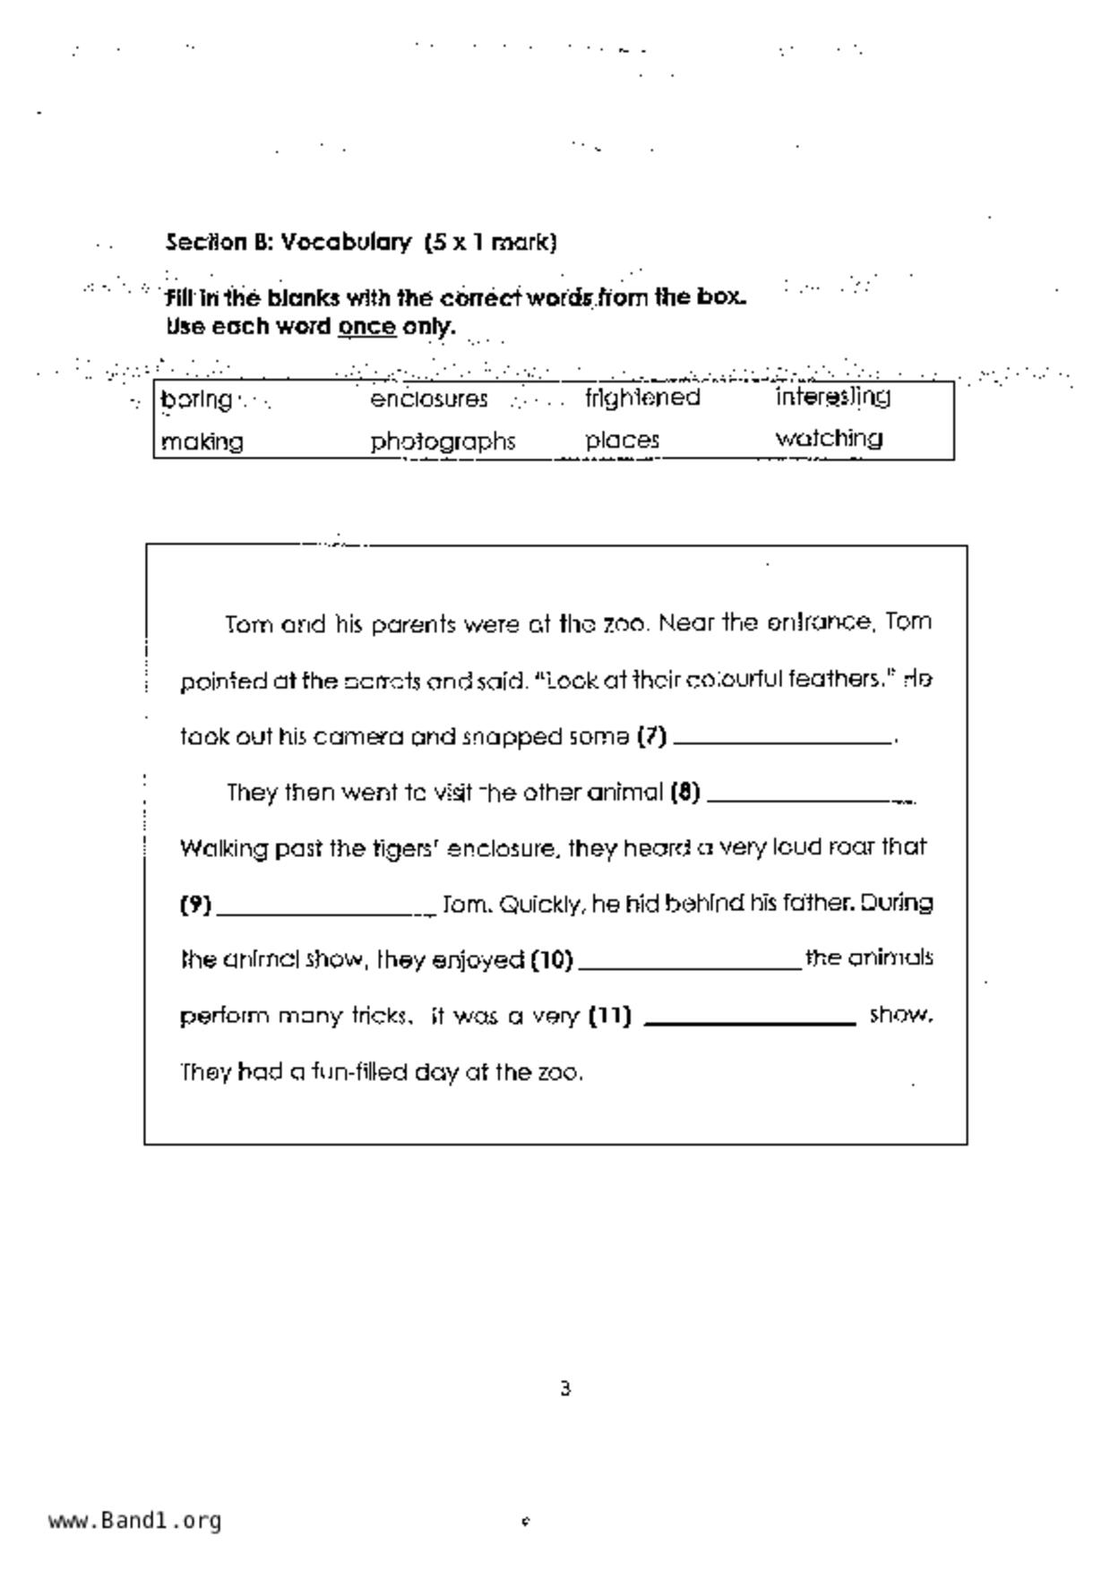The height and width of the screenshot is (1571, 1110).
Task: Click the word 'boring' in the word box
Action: tap(196, 399)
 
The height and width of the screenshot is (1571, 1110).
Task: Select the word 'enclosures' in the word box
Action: tap(429, 399)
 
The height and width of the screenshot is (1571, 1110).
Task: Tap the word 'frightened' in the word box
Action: tap(642, 398)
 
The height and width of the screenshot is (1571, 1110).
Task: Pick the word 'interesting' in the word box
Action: tap(832, 397)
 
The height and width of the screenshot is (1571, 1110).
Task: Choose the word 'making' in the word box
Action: tap(202, 442)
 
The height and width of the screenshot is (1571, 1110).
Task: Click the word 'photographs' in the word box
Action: tap(443, 442)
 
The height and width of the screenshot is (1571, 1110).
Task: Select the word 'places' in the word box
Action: tap(623, 441)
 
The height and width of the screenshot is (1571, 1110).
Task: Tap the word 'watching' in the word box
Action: tap(829, 439)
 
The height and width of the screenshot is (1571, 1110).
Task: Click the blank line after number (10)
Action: tap(690, 966)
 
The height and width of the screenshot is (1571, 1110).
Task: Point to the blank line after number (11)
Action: tap(750, 1021)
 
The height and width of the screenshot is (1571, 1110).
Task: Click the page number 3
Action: tap(565, 1389)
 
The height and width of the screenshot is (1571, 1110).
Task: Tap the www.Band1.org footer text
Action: tap(134, 1521)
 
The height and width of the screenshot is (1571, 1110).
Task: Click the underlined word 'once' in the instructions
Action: tap(366, 327)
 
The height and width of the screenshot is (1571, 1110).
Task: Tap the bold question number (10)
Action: tap(551, 960)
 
